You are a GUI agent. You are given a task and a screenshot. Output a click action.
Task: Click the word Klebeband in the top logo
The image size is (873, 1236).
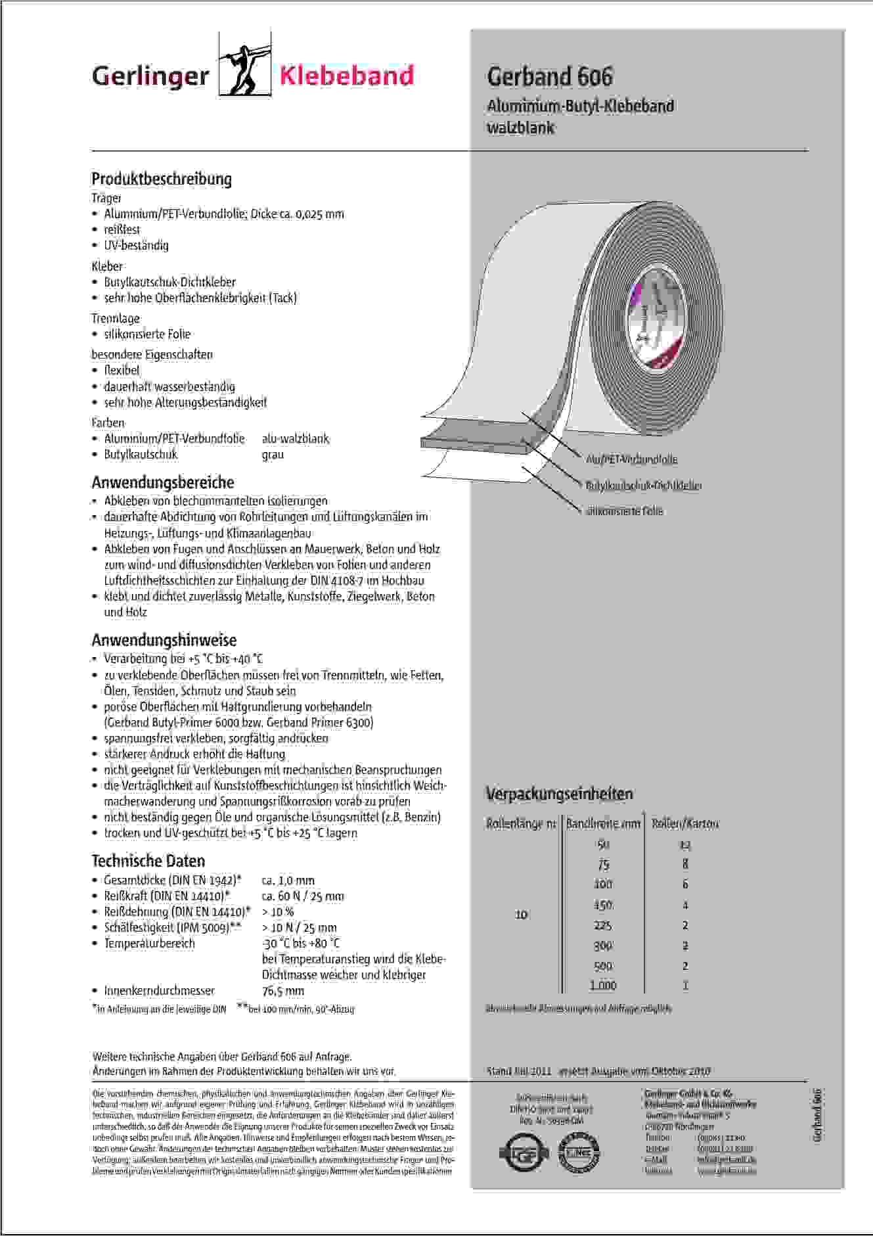346,76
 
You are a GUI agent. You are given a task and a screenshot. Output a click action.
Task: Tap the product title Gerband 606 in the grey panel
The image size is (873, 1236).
549,77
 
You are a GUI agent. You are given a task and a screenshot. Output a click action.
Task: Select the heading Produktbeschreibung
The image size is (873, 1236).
162,179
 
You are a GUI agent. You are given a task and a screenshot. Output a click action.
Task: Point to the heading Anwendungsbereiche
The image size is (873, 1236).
163,482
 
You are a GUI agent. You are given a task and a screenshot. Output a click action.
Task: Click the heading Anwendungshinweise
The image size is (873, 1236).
164,640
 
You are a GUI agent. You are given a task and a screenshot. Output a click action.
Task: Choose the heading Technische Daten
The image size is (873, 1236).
148,861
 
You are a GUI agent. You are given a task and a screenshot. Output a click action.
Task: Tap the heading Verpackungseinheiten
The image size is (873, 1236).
559,794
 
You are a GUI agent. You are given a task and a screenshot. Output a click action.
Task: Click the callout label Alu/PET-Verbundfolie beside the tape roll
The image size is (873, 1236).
631,459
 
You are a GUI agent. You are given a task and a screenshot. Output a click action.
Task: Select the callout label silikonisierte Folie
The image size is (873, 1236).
624,511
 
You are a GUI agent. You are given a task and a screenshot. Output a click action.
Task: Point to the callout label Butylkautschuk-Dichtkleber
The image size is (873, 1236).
643,486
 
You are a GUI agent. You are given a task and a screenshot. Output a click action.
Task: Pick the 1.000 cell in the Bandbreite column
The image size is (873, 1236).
603,985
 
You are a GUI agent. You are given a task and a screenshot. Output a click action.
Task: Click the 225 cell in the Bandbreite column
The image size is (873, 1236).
602,925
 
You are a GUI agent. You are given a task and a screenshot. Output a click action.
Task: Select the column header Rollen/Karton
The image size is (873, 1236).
685,823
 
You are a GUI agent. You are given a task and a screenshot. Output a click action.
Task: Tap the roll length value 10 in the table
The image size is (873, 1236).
521,914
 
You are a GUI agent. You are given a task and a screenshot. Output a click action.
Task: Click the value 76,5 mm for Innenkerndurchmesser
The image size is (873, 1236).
282,991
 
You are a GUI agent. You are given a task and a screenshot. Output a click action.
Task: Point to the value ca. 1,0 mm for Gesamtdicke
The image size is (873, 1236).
288,881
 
